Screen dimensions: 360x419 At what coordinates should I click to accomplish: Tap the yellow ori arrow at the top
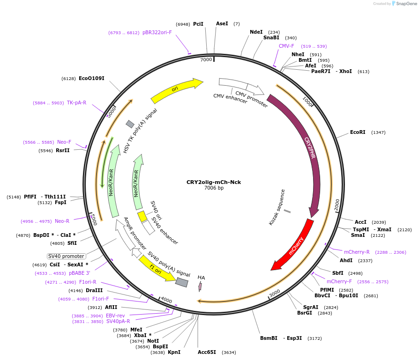click(175, 91)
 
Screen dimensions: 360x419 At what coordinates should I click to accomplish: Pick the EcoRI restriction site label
click(358, 132)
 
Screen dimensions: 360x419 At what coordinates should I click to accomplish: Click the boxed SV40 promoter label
click(67, 256)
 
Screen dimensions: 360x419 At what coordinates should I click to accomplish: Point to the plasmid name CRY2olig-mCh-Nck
click(214, 182)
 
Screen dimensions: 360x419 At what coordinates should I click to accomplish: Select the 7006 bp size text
click(214, 188)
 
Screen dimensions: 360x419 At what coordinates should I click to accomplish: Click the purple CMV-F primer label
click(286, 46)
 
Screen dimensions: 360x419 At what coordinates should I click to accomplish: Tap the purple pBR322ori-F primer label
click(157, 33)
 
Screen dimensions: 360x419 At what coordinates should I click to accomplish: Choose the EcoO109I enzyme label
click(91, 78)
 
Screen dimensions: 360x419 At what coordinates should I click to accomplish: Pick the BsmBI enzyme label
click(269, 338)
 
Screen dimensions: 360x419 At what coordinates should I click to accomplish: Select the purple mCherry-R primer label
click(357, 252)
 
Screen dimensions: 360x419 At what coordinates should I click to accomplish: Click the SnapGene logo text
click(406, 4)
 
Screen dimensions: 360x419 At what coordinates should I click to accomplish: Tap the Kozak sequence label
click(277, 207)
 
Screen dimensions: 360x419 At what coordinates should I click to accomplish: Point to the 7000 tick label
click(206, 60)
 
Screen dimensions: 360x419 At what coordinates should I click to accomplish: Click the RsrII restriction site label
click(62, 151)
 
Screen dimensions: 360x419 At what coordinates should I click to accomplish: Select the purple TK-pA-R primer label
click(76, 103)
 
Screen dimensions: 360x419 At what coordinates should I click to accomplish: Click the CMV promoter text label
click(252, 99)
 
